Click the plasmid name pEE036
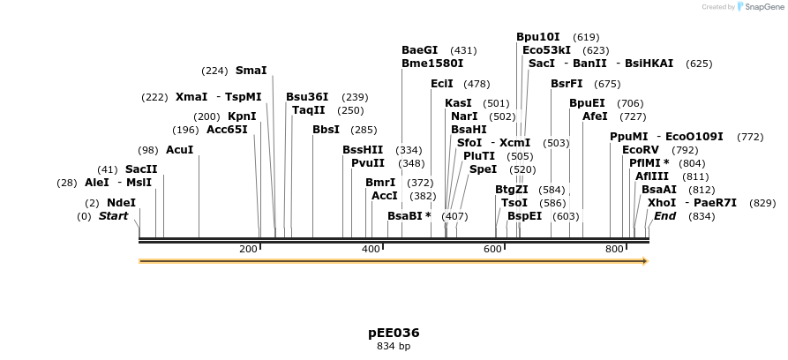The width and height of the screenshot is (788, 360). (394, 333)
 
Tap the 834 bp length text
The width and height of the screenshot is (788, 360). (394, 347)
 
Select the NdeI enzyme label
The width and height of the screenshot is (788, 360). (122, 202)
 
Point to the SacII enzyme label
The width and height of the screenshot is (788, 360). (141, 169)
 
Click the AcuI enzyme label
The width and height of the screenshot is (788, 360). (179, 150)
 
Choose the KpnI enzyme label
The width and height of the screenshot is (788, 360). (242, 116)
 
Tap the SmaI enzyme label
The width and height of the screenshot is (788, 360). (251, 71)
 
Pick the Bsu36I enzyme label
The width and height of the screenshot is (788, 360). (307, 97)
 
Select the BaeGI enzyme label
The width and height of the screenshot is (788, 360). (419, 50)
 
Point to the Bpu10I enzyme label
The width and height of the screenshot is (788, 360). (537, 37)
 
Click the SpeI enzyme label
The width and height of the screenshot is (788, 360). (483, 169)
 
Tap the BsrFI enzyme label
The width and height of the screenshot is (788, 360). (567, 84)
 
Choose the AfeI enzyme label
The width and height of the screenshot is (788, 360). (595, 116)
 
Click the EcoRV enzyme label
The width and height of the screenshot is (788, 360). (641, 150)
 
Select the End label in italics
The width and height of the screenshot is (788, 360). (664, 216)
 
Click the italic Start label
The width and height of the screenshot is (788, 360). (113, 216)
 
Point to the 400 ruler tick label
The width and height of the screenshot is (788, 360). (371, 250)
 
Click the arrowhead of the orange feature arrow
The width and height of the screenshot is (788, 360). (645, 261)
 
